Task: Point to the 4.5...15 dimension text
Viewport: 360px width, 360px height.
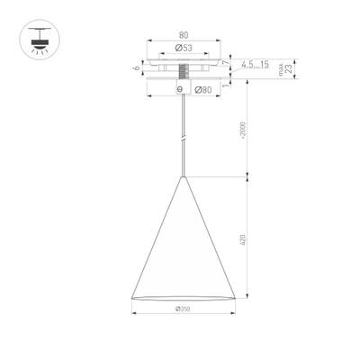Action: click(257, 65)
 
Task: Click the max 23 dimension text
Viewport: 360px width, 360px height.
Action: click(285, 68)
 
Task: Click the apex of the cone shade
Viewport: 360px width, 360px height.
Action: click(184, 176)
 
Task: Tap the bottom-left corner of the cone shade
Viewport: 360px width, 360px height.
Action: click(132, 297)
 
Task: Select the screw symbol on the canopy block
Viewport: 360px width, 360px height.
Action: click(184, 89)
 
